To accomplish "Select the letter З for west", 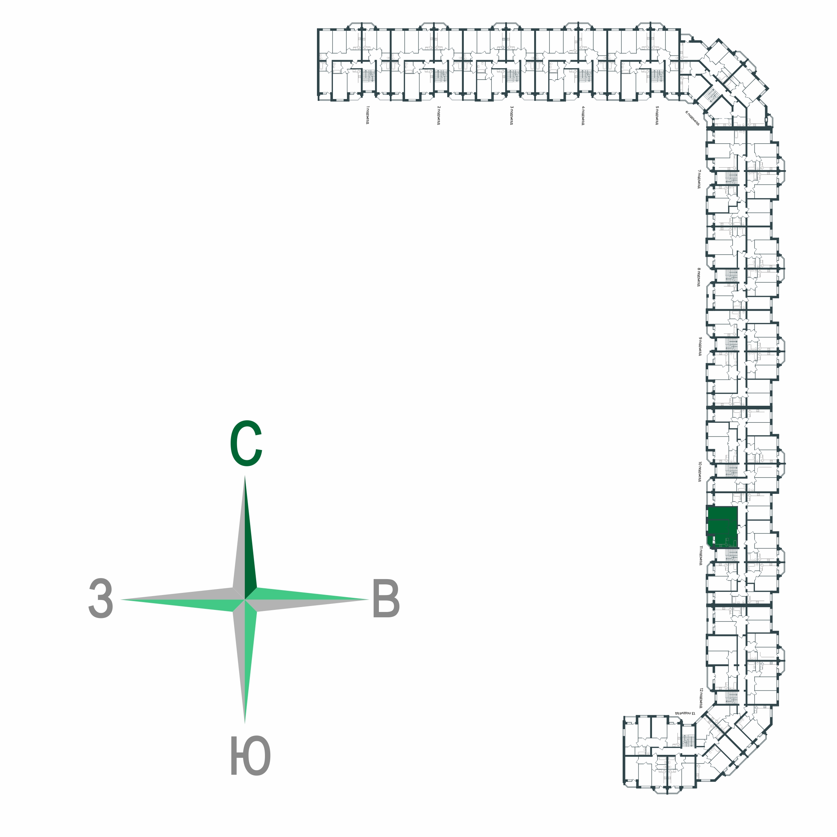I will click(x=101, y=599).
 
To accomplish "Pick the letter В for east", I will click(x=386, y=600).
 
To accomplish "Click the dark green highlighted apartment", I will click(x=722, y=526).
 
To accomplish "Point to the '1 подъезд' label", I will click(x=367, y=115).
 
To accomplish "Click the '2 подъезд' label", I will click(x=439, y=115).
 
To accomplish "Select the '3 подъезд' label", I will click(x=512, y=115).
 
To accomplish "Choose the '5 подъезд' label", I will click(x=657, y=115).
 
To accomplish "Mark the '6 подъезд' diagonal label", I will click(x=692, y=118).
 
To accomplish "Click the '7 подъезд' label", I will click(x=699, y=179).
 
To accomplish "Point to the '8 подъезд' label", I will click(x=699, y=277).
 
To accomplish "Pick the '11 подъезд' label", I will click(x=700, y=556).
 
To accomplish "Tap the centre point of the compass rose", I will click(x=245, y=600).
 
